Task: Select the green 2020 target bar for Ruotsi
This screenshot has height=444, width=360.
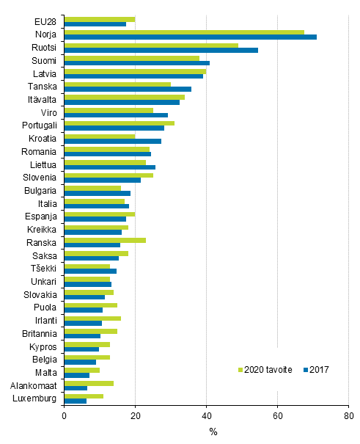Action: point(151,45)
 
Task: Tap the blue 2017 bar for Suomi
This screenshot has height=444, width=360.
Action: point(137,63)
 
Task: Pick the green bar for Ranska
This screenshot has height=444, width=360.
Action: point(105,240)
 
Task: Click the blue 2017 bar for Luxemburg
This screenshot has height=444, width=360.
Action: point(76,400)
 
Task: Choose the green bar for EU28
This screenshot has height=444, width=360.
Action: point(100,19)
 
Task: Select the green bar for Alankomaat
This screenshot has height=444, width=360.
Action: point(89,383)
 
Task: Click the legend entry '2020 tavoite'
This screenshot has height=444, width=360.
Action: point(266,369)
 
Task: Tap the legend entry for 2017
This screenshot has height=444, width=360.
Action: point(314,369)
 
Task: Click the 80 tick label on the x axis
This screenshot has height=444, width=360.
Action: point(348,415)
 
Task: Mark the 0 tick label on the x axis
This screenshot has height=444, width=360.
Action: point(65,415)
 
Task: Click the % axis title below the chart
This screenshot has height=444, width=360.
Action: point(213,432)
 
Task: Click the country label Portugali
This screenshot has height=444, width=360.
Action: point(40,125)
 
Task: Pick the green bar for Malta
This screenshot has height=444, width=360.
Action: point(82,370)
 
